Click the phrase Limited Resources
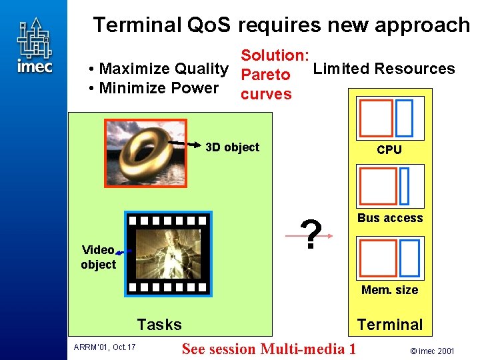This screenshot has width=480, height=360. [384, 69]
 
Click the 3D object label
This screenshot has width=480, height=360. [232, 147]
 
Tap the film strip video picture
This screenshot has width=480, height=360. [169, 253]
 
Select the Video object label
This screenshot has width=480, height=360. [98, 257]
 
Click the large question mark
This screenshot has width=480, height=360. [311, 235]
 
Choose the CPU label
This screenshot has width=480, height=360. [389, 150]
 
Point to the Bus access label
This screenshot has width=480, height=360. [390, 218]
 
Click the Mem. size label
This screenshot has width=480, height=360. [389, 289]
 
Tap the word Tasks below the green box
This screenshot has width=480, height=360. [159, 325]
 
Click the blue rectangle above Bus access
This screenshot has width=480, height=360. [405, 186]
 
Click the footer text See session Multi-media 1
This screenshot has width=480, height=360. [269, 349]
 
